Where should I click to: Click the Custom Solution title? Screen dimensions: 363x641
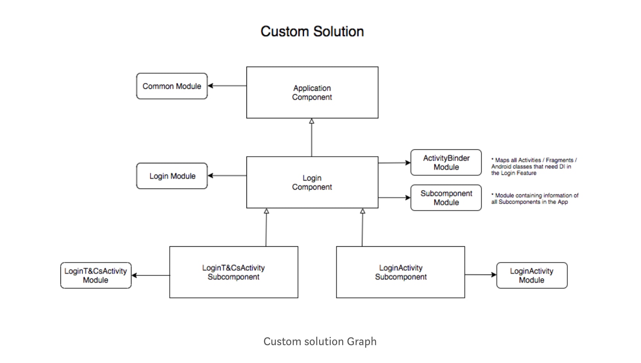point(312,31)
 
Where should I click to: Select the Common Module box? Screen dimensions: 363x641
point(172,86)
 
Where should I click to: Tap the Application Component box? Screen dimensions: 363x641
point(312,93)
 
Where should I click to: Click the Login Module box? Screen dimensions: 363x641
point(172,176)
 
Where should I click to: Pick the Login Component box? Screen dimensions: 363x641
point(312,182)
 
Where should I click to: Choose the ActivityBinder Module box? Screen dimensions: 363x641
point(446,162)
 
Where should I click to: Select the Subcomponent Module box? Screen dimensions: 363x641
point(446,198)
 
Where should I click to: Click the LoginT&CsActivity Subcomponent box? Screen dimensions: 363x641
point(233,272)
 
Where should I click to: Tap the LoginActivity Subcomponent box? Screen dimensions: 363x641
point(400,272)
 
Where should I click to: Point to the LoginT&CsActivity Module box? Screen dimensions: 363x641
point(96,275)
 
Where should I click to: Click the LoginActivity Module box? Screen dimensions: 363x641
point(532,275)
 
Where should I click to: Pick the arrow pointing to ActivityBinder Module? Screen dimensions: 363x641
point(394,163)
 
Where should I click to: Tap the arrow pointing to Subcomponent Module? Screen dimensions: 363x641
point(394,198)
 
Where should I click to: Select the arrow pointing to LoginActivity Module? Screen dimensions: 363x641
point(481,275)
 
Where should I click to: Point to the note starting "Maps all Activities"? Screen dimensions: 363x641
point(534,166)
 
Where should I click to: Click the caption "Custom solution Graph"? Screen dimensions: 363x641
point(320,341)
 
